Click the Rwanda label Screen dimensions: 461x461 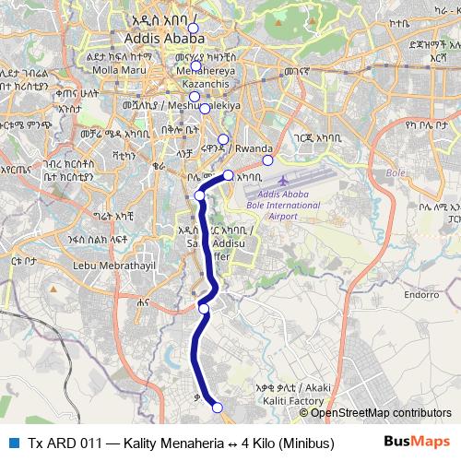254,148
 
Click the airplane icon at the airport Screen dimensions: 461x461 281,179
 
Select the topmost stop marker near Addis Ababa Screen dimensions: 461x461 193,30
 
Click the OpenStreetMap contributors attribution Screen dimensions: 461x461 388,413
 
